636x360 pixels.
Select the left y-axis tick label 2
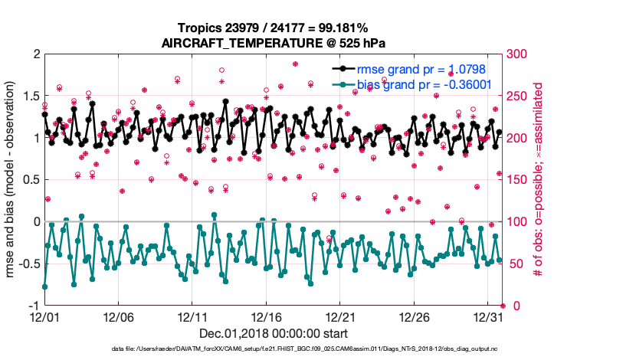35,54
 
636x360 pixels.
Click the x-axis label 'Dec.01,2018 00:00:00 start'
274,333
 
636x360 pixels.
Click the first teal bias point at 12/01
44,286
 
